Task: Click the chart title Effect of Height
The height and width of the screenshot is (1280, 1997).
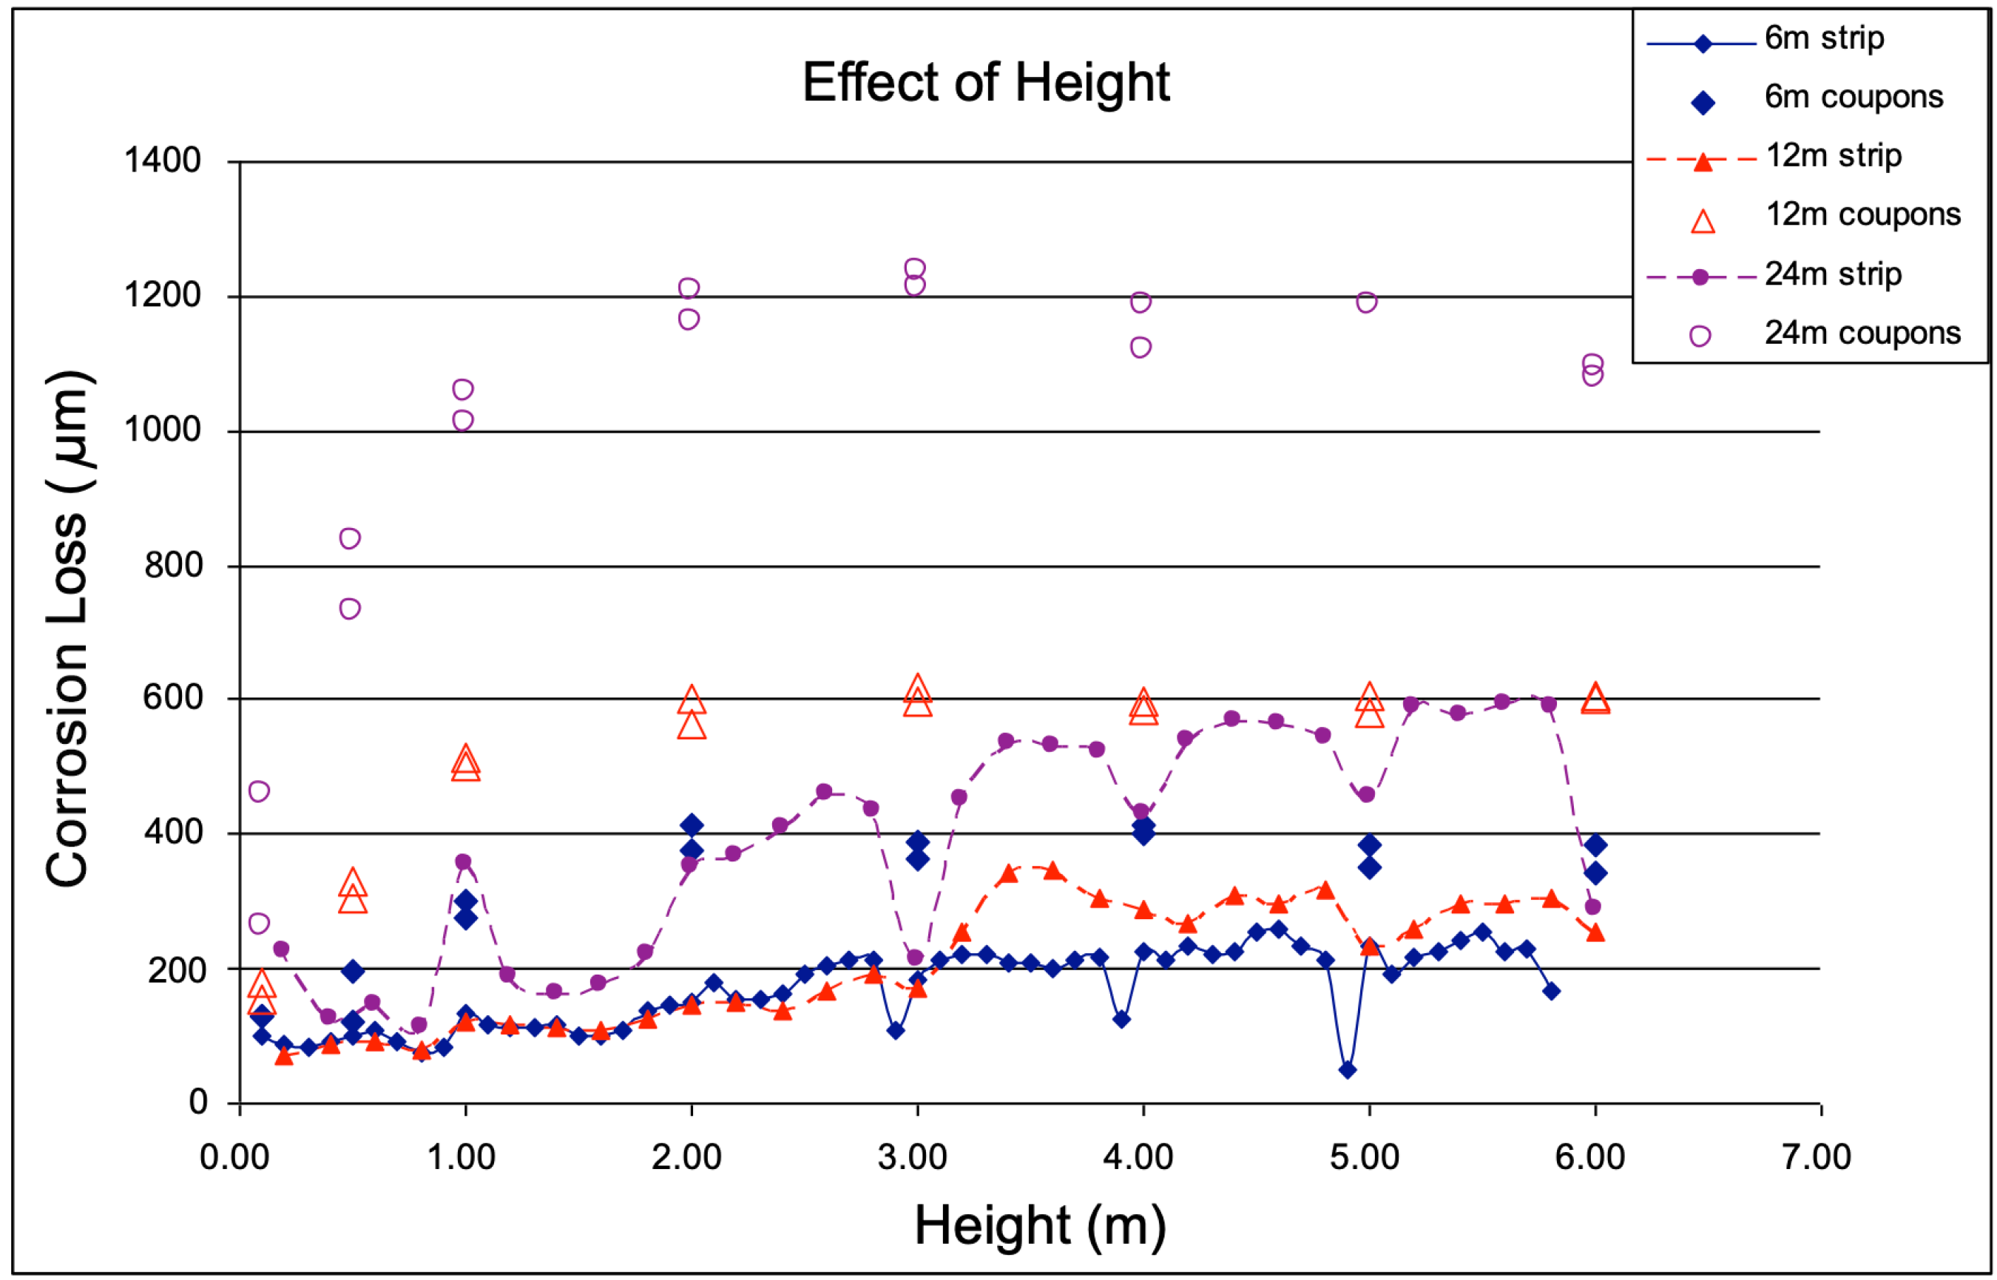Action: pos(985,83)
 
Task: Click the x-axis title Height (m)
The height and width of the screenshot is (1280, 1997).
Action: pos(1039,1226)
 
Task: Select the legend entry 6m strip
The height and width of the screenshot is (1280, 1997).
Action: pos(1824,38)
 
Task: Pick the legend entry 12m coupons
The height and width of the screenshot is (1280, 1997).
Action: pos(1862,215)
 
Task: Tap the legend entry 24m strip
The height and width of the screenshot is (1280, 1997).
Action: pos(1832,274)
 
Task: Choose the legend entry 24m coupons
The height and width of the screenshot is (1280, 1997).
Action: pos(1862,334)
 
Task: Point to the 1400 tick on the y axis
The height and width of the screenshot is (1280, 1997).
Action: pos(162,160)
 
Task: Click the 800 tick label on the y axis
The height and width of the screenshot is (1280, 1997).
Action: pos(173,566)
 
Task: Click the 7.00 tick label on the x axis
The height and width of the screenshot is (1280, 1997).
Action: pos(1816,1158)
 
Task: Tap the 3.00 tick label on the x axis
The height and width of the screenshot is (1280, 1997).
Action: pos(912,1158)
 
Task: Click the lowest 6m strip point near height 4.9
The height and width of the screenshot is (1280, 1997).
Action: pos(1348,1070)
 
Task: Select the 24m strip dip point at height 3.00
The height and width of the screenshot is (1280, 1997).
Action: pos(914,958)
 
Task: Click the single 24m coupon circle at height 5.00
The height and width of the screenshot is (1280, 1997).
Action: pos(1367,302)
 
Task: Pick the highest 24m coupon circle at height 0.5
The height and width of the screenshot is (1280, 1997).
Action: pos(350,538)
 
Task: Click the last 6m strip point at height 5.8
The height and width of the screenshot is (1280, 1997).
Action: pos(1550,991)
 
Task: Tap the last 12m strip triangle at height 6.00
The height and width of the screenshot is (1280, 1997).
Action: pos(1595,932)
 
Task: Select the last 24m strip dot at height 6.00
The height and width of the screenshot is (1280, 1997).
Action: pos(1592,907)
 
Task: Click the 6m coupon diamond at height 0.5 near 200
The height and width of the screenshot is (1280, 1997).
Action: pos(353,971)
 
